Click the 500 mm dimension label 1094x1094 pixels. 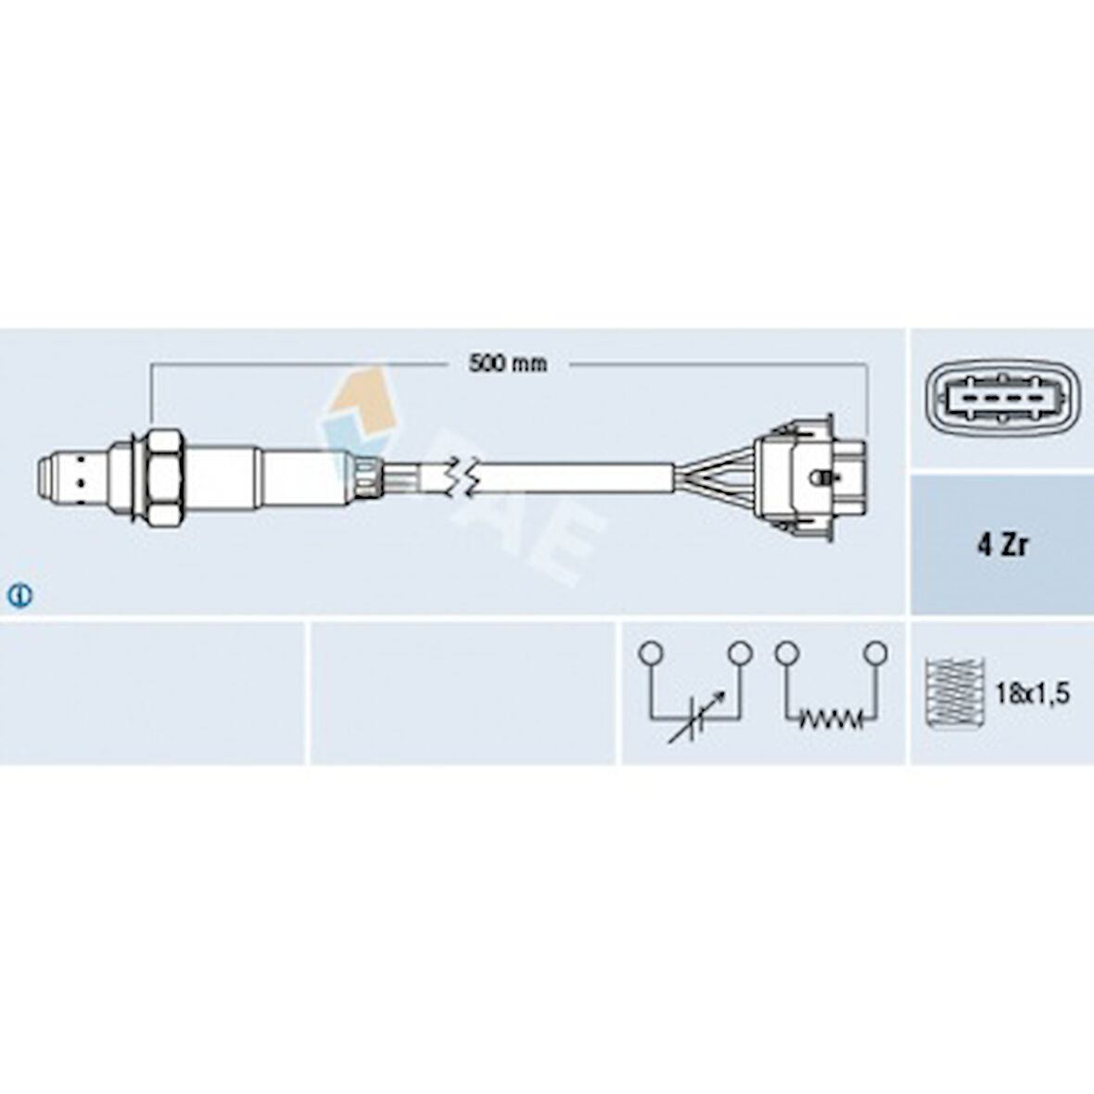508,363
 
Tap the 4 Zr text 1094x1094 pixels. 1002,545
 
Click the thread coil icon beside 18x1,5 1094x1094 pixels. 954,693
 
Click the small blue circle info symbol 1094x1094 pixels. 20,595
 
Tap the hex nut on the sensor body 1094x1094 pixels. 165,477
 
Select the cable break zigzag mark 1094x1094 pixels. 461,477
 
